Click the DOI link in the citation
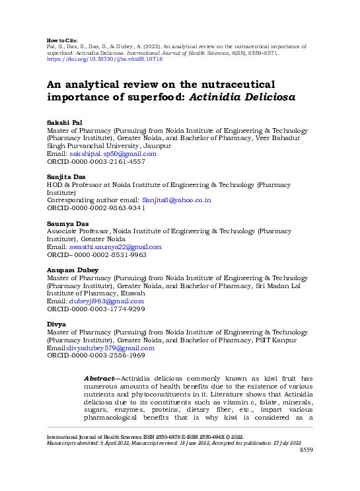point(104,59)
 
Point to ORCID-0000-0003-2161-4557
point(95,161)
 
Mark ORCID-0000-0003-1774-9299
point(95,309)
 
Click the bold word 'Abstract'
point(99,378)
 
